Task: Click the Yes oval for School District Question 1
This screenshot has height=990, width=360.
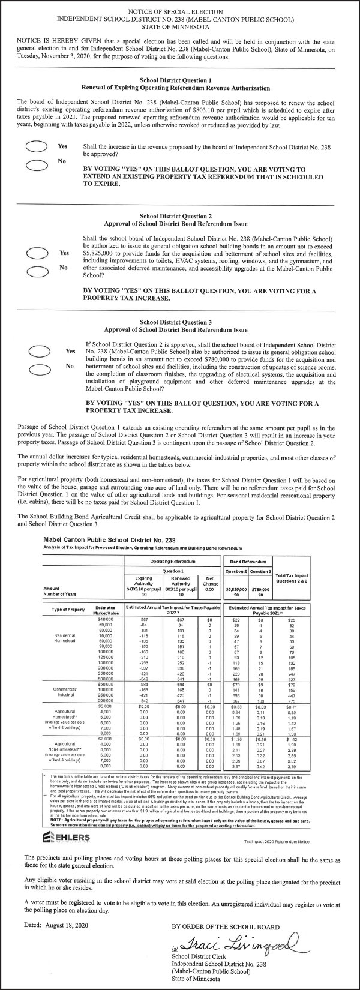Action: (35, 148)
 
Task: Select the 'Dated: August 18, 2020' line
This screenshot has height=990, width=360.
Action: (55, 926)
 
